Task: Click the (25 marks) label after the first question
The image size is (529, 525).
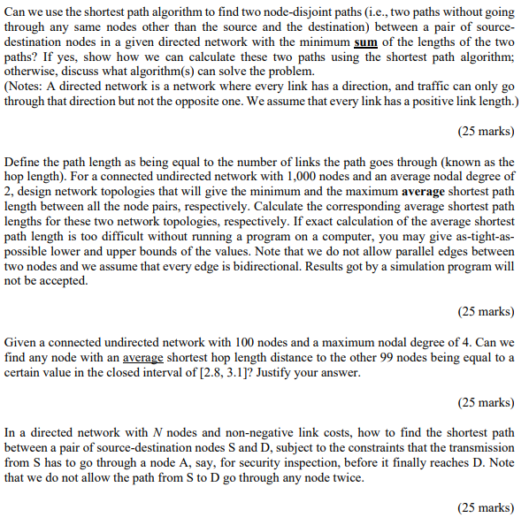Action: point(486,131)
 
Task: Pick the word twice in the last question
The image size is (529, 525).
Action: point(341,477)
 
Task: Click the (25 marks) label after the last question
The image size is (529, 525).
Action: point(486,507)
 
